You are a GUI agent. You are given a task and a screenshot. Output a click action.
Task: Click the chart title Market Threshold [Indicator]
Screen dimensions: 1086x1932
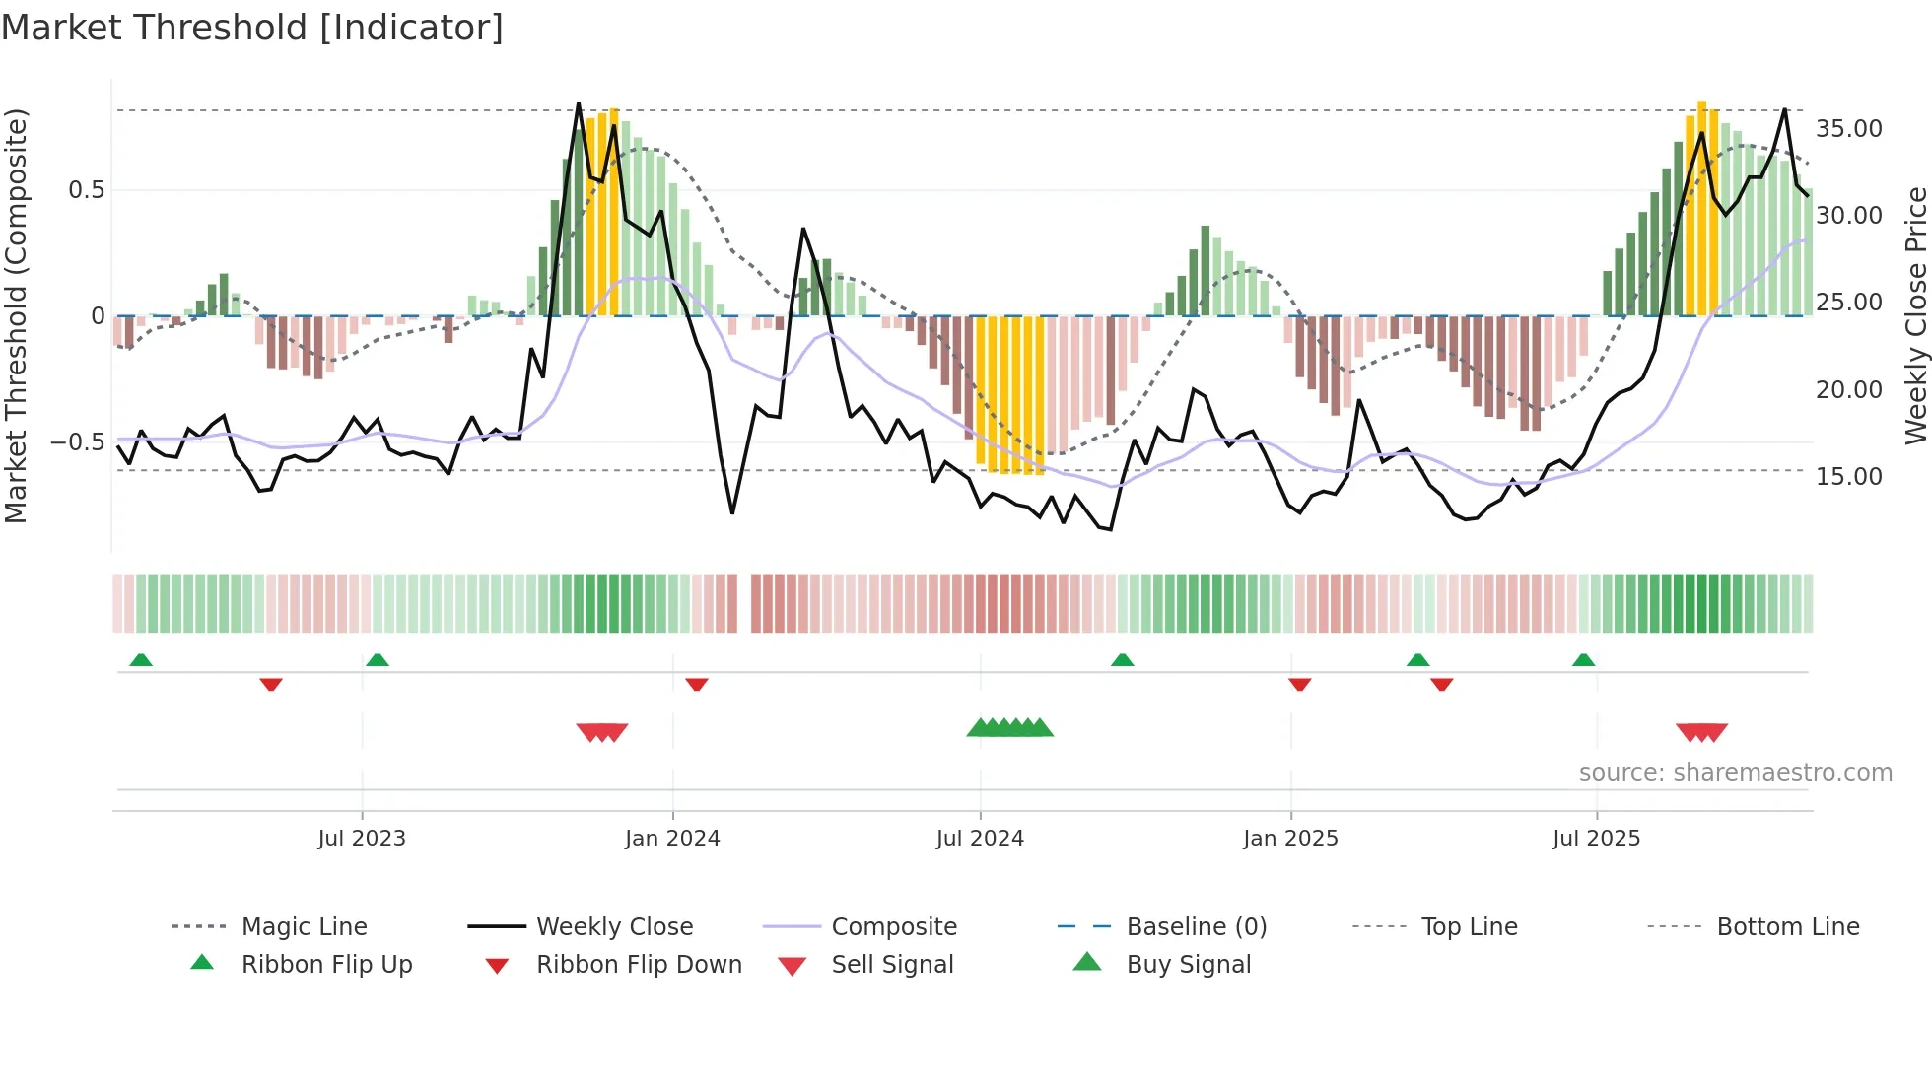tap(252, 28)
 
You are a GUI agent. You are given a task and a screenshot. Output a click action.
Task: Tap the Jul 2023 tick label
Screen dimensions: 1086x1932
tap(362, 839)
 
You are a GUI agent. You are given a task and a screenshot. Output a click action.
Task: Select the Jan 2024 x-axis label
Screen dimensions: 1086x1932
tap(672, 839)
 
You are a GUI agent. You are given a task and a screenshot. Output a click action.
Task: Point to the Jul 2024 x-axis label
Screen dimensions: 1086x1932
tap(980, 839)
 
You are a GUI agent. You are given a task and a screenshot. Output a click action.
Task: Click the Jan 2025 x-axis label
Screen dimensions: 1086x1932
tap(1290, 839)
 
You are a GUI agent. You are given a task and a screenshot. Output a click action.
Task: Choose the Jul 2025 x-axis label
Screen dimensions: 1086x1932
tap(1596, 839)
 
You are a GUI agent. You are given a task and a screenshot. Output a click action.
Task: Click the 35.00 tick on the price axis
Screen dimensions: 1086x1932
tap(1849, 129)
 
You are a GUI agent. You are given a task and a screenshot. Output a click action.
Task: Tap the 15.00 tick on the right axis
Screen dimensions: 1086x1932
tap(1849, 477)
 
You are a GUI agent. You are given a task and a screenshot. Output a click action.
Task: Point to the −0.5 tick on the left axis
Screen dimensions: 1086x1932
tap(78, 442)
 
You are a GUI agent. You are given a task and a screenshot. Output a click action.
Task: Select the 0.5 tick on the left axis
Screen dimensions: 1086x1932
tap(86, 190)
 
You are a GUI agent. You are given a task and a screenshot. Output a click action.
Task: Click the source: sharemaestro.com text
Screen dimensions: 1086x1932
tap(1735, 773)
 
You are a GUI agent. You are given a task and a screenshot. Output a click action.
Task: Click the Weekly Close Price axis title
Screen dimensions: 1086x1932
tap(1915, 315)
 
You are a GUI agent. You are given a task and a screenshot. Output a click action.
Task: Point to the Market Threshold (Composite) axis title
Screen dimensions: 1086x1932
tap(16, 315)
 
